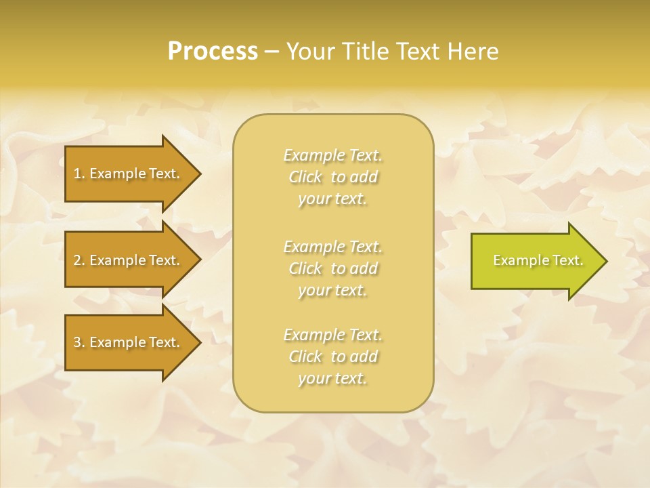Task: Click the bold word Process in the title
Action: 213,51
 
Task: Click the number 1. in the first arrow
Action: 79,174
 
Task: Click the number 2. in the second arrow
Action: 79,260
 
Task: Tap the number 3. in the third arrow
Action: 79,342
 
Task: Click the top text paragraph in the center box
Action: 332,177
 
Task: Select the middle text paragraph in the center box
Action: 332,268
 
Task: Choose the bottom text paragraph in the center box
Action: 332,357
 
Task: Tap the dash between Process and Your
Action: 272,52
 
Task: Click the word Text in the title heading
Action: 417,51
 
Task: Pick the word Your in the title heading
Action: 309,51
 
